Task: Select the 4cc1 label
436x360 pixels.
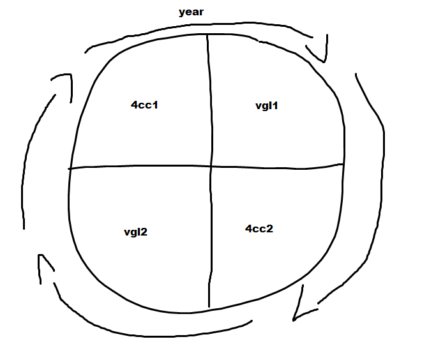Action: (x=144, y=105)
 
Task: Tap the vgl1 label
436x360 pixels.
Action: (x=266, y=105)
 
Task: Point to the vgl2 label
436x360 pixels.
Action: (x=135, y=232)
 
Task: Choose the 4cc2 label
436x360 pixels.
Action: (x=259, y=228)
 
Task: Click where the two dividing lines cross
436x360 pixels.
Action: (x=210, y=167)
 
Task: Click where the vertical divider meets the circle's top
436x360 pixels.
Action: (x=207, y=35)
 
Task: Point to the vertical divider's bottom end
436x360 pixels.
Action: (x=209, y=307)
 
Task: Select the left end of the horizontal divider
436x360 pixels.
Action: (x=70, y=169)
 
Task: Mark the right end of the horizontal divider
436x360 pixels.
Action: (x=343, y=165)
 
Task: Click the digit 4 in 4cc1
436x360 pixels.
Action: (x=134, y=105)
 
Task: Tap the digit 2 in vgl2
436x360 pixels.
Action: (x=144, y=232)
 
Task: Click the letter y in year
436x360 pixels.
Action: (x=181, y=13)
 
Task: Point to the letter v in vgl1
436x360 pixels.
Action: (x=258, y=106)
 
